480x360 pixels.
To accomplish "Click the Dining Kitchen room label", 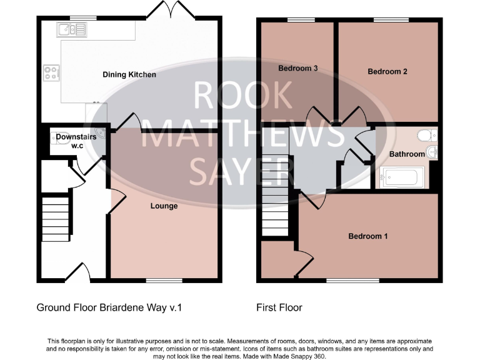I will click(129, 75).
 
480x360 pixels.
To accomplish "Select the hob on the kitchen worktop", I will click(51, 72).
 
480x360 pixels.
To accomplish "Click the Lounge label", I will click(164, 206).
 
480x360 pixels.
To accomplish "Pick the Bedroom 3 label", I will click(295, 68).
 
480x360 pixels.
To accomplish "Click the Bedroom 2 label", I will click(387, 71).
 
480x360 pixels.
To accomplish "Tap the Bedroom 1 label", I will click(368, 236).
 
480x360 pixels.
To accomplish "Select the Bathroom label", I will click(407, 154).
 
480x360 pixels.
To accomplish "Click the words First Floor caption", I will click(279, 307).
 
